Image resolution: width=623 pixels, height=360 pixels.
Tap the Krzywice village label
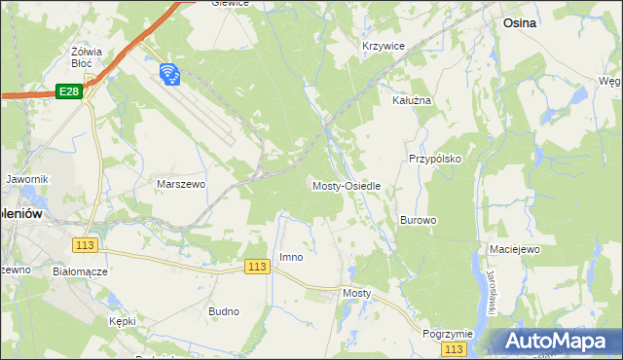[383, 47]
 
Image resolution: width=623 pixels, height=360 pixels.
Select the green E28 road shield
[67, 90]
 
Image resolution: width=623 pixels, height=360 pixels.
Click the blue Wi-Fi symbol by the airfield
[168, 73]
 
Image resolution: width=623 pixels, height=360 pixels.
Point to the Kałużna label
[411, 100]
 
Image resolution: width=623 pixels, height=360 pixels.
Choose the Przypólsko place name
[434, 158]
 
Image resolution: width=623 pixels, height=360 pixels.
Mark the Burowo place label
[418, 220]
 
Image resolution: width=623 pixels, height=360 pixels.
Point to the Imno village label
[291, 257]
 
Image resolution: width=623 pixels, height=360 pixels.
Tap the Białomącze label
[80, 271]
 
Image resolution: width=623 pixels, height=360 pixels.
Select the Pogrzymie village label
[448, 333]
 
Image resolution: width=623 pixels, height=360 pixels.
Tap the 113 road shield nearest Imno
[257, 267]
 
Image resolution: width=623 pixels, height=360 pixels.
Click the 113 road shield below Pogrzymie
[452, 348]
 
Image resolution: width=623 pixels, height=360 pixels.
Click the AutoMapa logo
[555, 341]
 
